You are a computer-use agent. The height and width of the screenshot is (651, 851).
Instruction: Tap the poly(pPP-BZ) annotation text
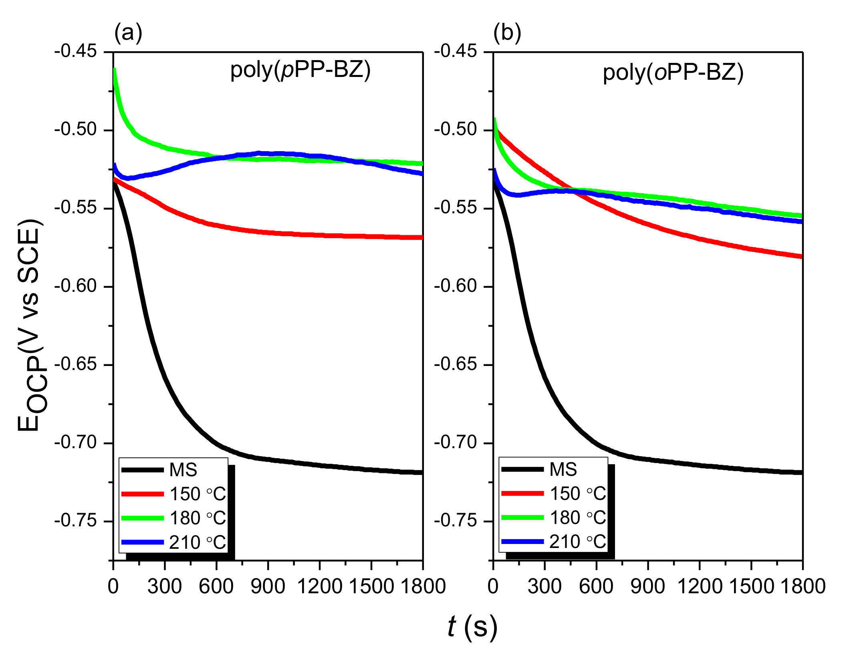[300, 70]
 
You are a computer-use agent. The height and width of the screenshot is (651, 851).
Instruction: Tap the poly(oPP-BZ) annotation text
[673, 73]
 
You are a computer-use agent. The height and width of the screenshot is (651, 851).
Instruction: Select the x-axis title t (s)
[473, 626]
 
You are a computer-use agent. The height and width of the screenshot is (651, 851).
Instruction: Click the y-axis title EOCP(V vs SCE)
[30, 325]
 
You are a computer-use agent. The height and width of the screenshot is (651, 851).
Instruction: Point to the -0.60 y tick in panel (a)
[76, 286]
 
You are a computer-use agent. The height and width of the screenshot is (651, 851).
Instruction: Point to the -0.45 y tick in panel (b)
[456, 51]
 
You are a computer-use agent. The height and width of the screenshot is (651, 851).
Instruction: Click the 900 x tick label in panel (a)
[268, 586]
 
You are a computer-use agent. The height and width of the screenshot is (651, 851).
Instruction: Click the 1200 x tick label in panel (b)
[700, 586]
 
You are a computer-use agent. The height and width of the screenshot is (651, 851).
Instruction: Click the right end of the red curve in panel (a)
[421, 237]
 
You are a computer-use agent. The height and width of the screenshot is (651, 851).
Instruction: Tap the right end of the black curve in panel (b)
[801, 473]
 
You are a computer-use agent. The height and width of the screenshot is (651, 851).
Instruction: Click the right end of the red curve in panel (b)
[801, 257]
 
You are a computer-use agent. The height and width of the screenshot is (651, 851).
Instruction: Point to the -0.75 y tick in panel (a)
[76, 521]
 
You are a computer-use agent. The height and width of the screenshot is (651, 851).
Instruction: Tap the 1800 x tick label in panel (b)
[803, 586]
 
